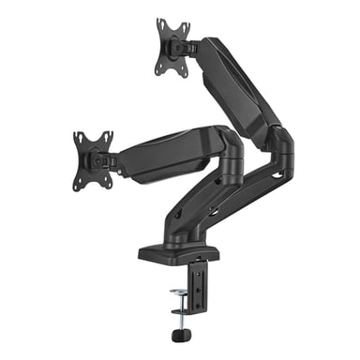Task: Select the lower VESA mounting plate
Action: coord(94,159)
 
